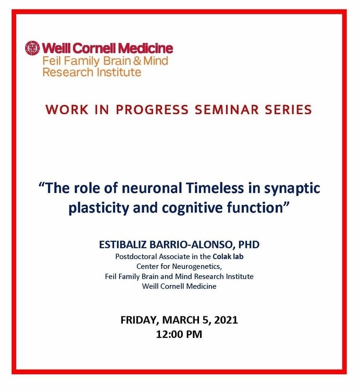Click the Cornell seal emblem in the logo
click(x=32, y=48)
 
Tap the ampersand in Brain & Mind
click(x=137, y=61)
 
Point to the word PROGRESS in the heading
click(x=152, y=109)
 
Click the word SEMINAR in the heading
click(x=227, y=109)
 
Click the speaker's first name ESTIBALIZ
click(x=123, y=245)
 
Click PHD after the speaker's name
click(x=249, y=245)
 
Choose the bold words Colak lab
click(x=228, y=256)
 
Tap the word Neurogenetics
click(x=196, y=267)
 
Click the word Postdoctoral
click(x=136, y=256)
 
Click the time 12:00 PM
click(x=179, y=334)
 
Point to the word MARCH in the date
click(x=180, y=320)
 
